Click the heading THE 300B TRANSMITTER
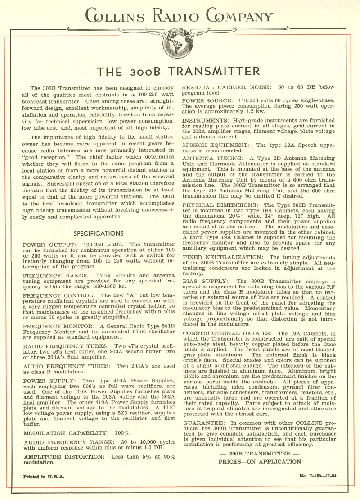(x=180, y=71)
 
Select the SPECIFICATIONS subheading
(x=99, y=233)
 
